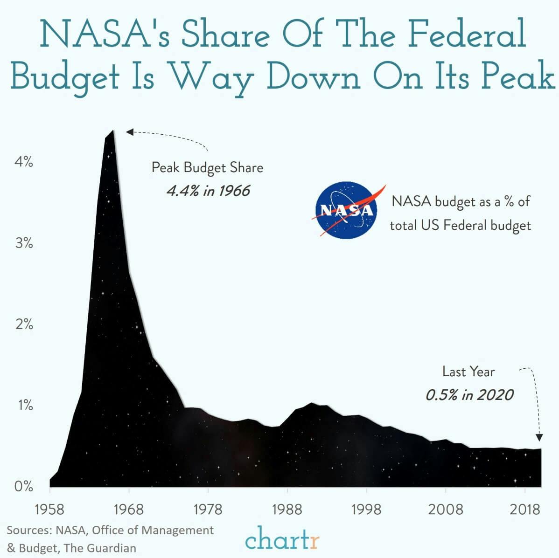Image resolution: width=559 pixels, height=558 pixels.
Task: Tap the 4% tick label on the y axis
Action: pyautogui.click(x=24, y=162)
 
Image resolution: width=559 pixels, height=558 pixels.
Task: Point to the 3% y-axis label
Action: pyautogui.click(x=24, y=243)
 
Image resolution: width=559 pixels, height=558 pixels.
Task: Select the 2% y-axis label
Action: pyautogui.click(x=24, y=324)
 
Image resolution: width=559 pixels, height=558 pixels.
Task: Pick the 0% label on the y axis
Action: pyautogui.click(x=24, y=486)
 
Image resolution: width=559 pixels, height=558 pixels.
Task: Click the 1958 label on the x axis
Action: pyautogui.click(x=49, y=509)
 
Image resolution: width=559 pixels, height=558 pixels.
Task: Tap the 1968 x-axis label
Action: pyautogui.click(x=129, y=509)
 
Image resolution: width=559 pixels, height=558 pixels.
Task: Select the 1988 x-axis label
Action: pyautogui.click(x=287, y=509)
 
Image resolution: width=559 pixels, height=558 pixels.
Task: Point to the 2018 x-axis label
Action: pyautogui.click(x=525, y=509)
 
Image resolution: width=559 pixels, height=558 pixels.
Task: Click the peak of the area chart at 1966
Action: pyautogui.click(x=112, y=131)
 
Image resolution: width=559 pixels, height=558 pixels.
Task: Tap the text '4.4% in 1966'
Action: pyautogui.click(x=208, y=191)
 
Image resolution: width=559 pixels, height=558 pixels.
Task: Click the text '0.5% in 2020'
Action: pyautogui.click(x=469, y=395)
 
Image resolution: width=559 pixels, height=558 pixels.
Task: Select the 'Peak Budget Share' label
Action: pyautogui.click(x=207, y=167)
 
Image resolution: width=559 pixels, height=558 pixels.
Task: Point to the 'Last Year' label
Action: pyautogui.click(x=468, y=372)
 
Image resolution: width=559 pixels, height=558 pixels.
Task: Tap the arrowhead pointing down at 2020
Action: pyautogui.click(x=539, y=437)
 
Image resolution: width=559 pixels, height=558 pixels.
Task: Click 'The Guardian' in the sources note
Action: pyautogui.click(x=100, y=548)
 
